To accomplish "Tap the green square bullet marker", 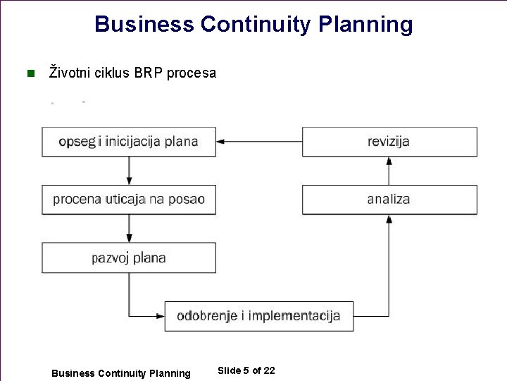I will point(30,73).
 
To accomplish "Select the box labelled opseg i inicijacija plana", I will point(129,142).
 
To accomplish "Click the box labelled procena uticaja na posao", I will point(129,200).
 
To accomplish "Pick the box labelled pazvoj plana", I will point(129,258).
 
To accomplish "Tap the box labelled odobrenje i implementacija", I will point(258,315).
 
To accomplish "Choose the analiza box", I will point(389,200).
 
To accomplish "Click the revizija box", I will point(389,142).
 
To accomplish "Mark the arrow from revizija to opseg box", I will point(258,142).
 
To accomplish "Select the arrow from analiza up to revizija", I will point(389,171).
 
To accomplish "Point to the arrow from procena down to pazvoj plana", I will point(129,229).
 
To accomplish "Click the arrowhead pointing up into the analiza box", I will point(389,219).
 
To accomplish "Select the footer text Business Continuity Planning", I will point(121,373).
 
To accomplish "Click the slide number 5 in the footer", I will point(246,370).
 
